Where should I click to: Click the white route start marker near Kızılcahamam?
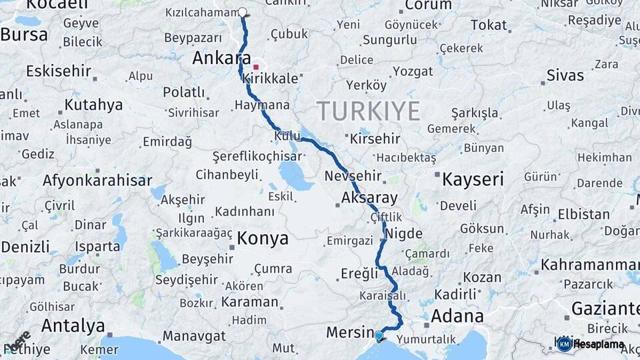242,12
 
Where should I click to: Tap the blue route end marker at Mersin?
379,335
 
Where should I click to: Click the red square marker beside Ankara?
256,67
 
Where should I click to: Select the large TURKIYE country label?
368,110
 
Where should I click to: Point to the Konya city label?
263,239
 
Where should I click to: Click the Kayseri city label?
473,179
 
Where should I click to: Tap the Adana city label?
458,315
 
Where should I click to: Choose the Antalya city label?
73,326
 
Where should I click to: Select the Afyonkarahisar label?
97,180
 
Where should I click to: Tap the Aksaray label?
369,197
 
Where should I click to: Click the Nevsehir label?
353,177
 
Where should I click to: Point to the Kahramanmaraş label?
589,265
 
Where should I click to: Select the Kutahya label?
94,105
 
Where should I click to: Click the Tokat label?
489,25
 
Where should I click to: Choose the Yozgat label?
413,71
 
